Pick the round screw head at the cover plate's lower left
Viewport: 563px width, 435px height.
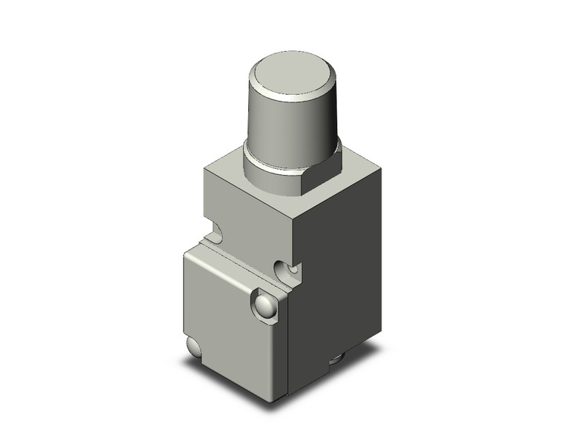tap(193, 349)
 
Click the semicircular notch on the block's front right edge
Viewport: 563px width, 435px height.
tap(286, 270)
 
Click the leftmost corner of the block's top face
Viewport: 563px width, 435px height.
tap(204, 168)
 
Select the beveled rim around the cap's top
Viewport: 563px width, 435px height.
tap(293, 93)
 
